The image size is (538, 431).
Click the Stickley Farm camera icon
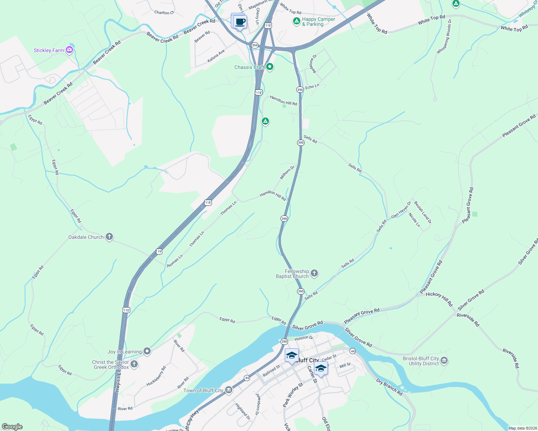click(x=69, y=50)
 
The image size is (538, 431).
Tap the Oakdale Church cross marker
click(x=109, y=237)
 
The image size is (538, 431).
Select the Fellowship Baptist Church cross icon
click(x=314, y=274)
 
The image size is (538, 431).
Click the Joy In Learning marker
click(x=147, y=351)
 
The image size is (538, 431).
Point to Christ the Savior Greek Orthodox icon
click(x=134, y=364)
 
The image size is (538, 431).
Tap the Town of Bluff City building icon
click(x=228, y=390)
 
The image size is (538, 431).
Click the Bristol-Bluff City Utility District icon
click(x=444, y=361)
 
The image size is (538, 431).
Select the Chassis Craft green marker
click(x=269, y=67)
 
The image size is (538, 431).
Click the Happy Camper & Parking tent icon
click(x=296, y=21)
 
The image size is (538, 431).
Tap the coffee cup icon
click(x=240, y=22)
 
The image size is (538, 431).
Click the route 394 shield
click(x=255, y=45)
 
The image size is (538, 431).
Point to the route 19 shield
click(x=159, y=251)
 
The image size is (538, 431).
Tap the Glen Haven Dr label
click(x=401, y=210)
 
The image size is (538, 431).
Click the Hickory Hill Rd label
click(x=439, y=298)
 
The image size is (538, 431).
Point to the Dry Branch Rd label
click(x=389, y=387)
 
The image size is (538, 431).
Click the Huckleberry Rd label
click(x=156, y=376)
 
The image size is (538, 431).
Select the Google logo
click(x=12, y=427)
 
